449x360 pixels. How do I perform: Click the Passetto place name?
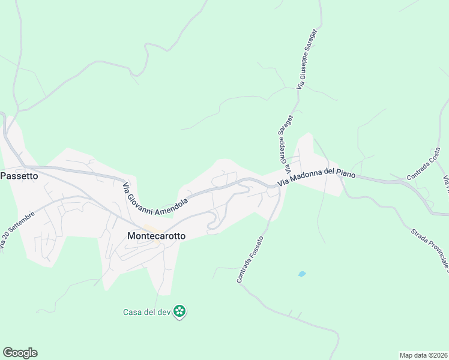click(19, 176)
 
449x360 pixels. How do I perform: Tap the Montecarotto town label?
click(157, 236)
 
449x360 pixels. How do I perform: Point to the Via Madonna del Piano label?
click(317, 175)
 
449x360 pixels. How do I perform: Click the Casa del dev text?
click(146, 311)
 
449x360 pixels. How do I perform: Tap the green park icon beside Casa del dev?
click(179, 311)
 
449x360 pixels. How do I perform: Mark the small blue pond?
click(301, 274)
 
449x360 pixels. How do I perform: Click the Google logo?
click(20, 353)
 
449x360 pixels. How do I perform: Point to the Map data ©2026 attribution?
click(423, 355)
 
